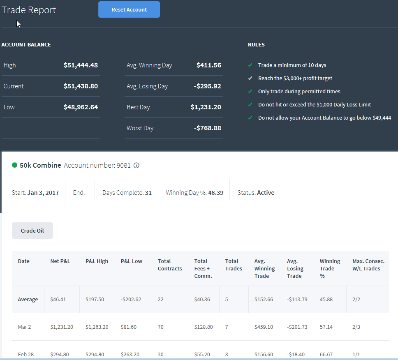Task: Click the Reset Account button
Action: pos(129,9)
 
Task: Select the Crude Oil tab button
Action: pos(32,231)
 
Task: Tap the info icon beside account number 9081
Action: pos(137,166)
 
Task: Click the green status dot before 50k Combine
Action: pos(14,165)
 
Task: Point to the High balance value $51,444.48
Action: pos(81,65)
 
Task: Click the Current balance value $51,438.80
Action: pos(81,86)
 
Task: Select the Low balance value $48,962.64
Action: pos(81,107)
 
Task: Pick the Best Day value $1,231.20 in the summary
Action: pos(206,107)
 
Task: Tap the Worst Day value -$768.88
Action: pos(207,128)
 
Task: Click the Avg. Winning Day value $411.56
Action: pos(208,65)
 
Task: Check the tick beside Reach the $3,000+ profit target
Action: pos(250,78)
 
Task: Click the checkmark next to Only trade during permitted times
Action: pos(250,91)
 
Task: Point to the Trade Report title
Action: pos(29,10)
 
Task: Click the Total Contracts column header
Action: pos(170,265)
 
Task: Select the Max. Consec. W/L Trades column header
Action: pos(368,265)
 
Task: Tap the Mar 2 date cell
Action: pos(24,327)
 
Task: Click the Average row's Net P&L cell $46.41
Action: pos(58,299)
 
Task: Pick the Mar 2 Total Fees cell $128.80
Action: pos(204,327)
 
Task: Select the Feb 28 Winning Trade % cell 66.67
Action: pos(326,354)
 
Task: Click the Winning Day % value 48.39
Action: pos(216,193)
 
